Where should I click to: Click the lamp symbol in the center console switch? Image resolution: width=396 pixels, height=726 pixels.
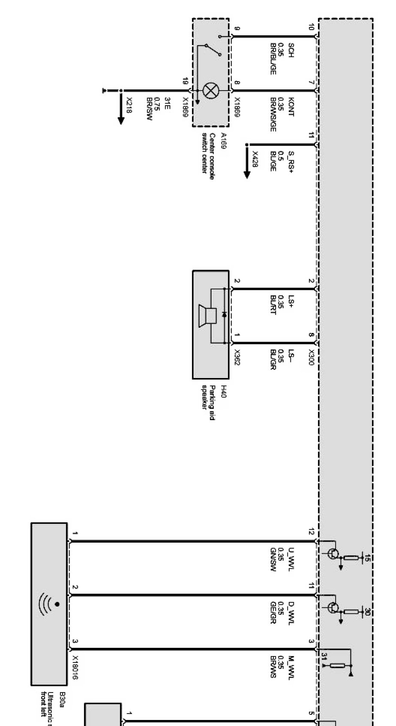pyautogui.click(x=210, y=91)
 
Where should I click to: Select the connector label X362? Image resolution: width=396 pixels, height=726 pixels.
pyautogui.click(x=237, y=357)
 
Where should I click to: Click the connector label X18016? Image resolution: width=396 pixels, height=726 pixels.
pyautogui.click(x=76, y=668)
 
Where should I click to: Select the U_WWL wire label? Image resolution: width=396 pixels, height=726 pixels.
pyautogui.click(x=291, y=556)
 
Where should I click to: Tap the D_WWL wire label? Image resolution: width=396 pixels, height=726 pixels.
pyautogui.click(x=291, y=612)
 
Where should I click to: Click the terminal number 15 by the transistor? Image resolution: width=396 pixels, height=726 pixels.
pyautogui.click(x=368, y=558)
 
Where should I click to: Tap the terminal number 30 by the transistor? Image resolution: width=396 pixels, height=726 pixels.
pyautogui.click(x=368, y=612)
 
